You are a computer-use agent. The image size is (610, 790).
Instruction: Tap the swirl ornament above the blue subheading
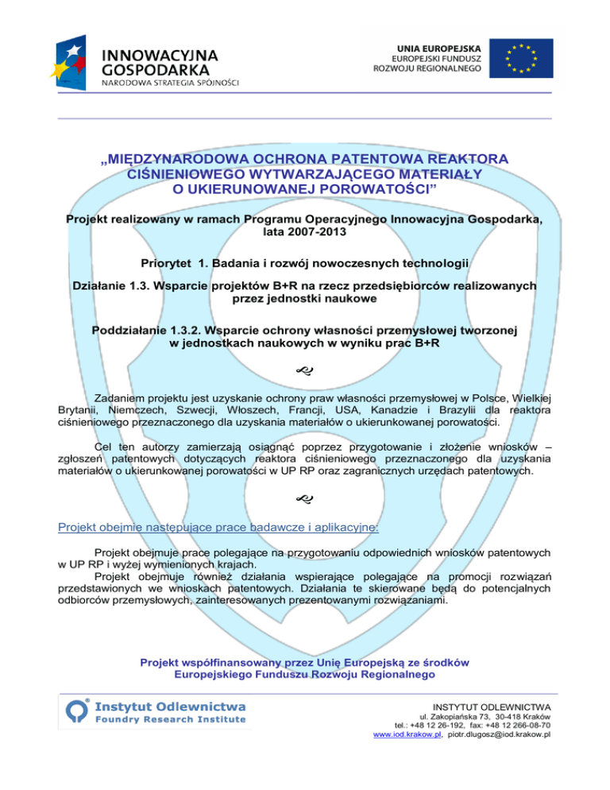click(304, 499)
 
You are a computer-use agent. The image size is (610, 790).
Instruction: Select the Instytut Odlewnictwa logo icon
click(75, 711)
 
